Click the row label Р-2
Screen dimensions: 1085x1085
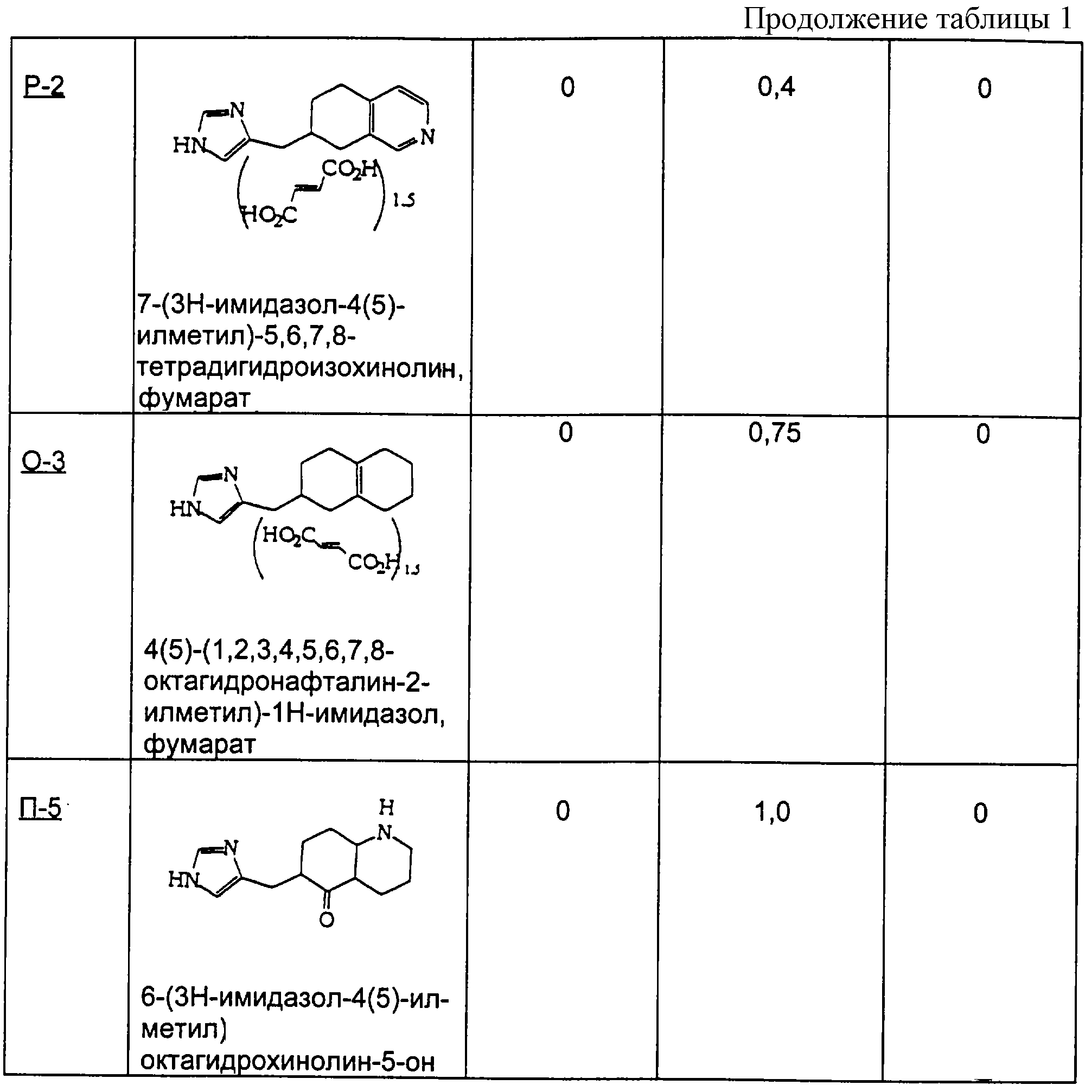pyautogui.click(x=44, y=87)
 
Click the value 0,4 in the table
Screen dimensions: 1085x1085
pyautogui.click(x=776, y=87)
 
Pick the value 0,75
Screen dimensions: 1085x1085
pyautogui.click(x=775, y=433)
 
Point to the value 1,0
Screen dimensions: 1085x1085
pyautogui.click(x=772, y=812)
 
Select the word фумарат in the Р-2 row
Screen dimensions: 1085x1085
pyautogui.click(x=194, y=398)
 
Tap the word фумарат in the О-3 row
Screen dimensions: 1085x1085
pyautogui.click(x=199, y=744)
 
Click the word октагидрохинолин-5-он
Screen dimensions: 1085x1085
pyautogui.click(x=288, y=1061)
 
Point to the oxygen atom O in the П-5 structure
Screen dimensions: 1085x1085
pyautogui.click(x=326, y=920)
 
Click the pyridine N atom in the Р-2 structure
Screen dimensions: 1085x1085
pyautogui.click(x=427, y=137)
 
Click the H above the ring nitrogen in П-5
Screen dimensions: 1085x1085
pyautogui.click(x=386, y=808)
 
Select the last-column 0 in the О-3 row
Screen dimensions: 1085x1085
pyautogui.click(x=983, y=434)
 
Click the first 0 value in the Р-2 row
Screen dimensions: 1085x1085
pyautogui.click(x=568, y=87)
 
